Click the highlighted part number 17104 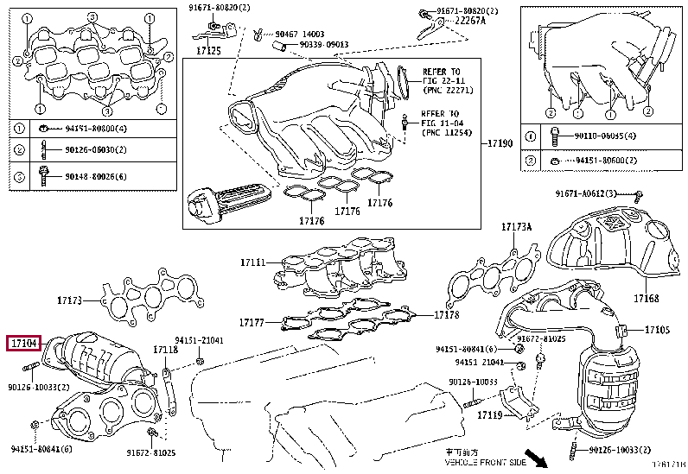[x=22, y=344]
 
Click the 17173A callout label [x=516, y=228]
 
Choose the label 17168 [x=645, y=299]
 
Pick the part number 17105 [x=657, y=330]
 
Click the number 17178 [x=446, y=315]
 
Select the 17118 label [x=165, y=350]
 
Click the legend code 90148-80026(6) [x=96, y=177]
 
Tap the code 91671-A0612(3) [x=592, y=193]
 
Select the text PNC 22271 [x=445, y=90]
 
